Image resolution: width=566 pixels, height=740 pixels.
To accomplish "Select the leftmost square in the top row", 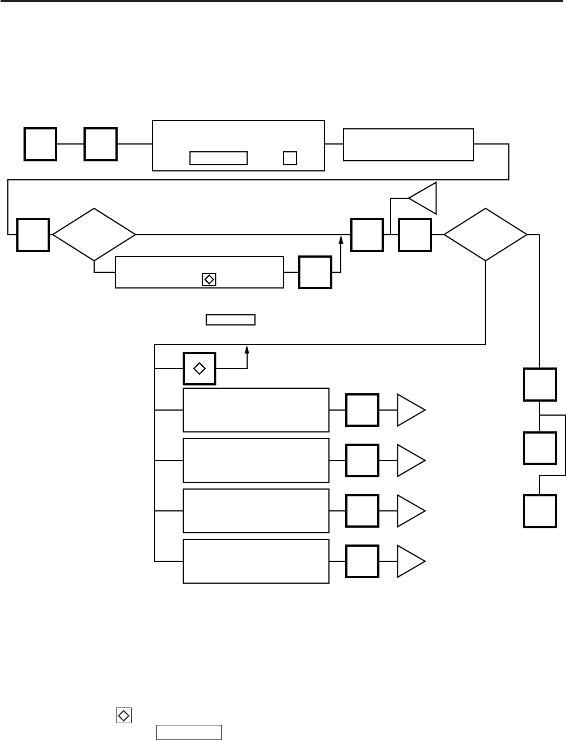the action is pos(40,144).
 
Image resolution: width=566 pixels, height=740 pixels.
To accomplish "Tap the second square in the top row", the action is pos(100,144).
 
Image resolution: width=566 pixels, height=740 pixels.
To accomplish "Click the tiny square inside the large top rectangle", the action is pos(290,158).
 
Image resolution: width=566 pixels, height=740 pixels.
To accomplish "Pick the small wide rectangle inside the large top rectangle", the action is pos(219,158).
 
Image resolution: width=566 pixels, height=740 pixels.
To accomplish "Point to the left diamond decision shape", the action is pos(94,235).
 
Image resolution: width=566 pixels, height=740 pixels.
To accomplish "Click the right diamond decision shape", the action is pos(485,235).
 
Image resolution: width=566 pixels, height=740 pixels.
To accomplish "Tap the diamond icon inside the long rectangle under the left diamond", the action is pos(208,279).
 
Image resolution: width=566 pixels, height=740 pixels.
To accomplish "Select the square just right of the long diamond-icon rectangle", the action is pos(315,272).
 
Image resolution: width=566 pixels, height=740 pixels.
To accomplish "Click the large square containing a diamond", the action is pos(200,369).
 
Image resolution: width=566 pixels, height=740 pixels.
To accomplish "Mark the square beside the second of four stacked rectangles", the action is pos(362,460).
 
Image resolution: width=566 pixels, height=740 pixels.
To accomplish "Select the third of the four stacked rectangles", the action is pos(256,511).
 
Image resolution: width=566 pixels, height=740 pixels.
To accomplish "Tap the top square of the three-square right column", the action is pos(540,384).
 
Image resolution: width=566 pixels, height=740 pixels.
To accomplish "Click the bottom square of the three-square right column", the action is pos(540,511).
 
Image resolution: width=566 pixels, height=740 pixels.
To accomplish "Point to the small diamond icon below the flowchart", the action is pos(123,715).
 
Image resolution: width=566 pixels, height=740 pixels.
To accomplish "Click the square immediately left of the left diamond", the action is pos(33,235).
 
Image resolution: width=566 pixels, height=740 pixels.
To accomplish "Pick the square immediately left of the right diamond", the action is pos(415,235).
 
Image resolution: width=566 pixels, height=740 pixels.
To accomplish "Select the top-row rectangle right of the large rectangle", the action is pos(409,145).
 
